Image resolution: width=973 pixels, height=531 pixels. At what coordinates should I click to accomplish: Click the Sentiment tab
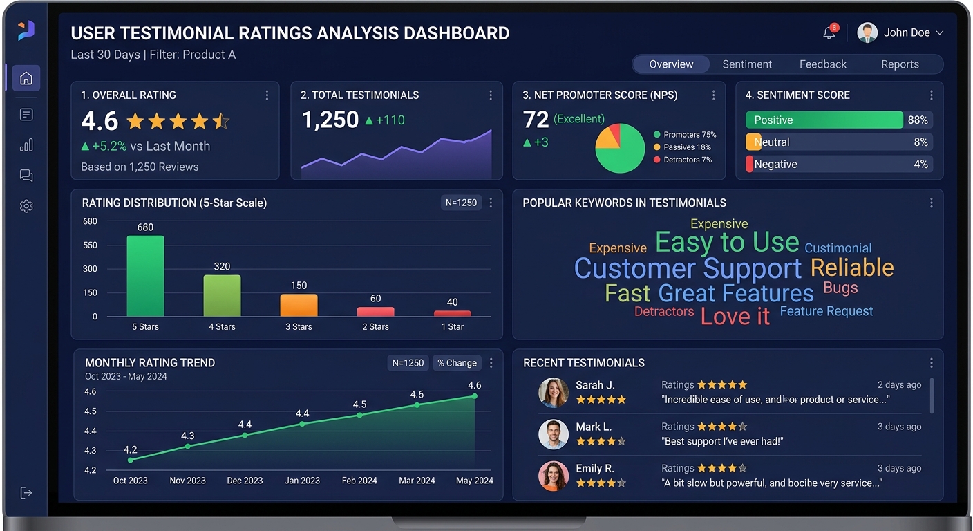(746, 64)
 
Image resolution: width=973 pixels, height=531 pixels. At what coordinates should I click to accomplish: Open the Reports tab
(900, 64)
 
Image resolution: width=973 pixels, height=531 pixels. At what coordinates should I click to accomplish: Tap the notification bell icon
(829, 32)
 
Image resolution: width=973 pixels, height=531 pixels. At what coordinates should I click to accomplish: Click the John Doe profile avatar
(867, 32)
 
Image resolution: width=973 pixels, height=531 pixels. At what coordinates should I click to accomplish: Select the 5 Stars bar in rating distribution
(145, 276)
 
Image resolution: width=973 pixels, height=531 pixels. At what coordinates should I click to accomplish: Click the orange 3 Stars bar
(299, 305)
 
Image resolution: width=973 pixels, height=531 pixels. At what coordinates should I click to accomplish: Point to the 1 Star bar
(452, 313)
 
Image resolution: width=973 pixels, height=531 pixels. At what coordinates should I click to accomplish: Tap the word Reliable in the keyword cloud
(851, 268)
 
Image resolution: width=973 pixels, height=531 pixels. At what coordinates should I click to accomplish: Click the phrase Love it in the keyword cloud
(735, 316)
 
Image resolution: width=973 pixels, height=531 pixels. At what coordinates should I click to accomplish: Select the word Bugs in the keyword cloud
(840, 288)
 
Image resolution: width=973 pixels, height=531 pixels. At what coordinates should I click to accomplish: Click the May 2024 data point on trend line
(475, 396)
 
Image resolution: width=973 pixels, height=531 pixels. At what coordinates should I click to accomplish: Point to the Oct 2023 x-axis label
(131, 481)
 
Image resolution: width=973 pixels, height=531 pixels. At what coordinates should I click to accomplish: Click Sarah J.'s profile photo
(554, 392)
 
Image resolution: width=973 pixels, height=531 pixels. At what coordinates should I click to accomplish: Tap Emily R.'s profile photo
(554, 476)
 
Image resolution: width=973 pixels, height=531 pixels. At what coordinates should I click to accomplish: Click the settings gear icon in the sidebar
(26, 206)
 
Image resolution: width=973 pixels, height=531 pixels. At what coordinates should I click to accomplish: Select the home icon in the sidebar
(26, 78)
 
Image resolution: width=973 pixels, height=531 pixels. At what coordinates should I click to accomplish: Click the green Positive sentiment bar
(824, 120)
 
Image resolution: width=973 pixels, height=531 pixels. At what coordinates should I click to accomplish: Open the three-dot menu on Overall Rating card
(267, 95)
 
